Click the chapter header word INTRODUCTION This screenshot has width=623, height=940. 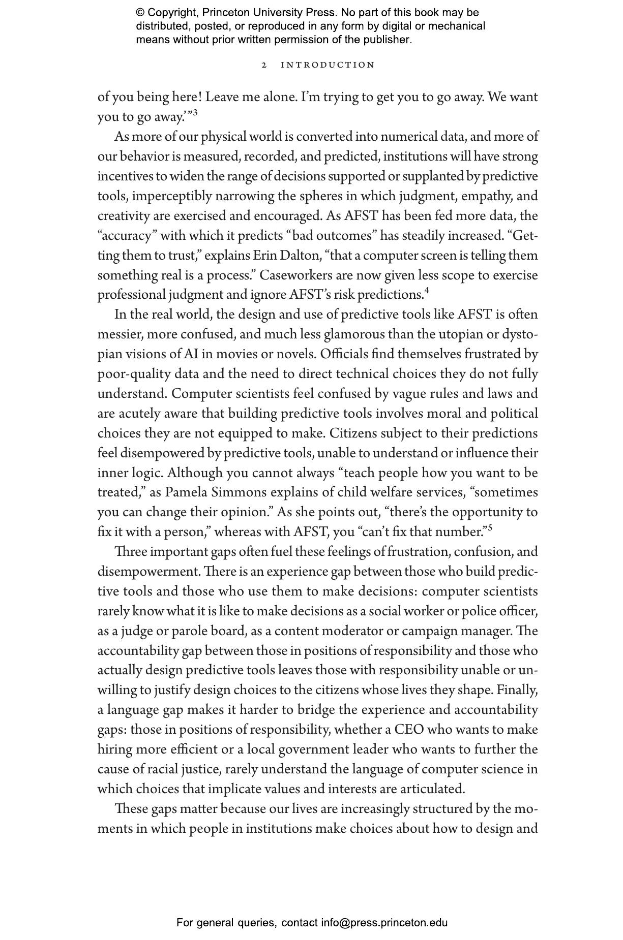click(328, 65)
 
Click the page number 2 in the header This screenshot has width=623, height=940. click(264, 65)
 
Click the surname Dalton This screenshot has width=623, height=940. click(299, 255)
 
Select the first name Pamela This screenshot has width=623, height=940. click(184, 492)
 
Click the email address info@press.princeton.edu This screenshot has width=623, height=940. click(384, 923)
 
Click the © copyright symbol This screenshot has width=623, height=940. click(140, 13)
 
